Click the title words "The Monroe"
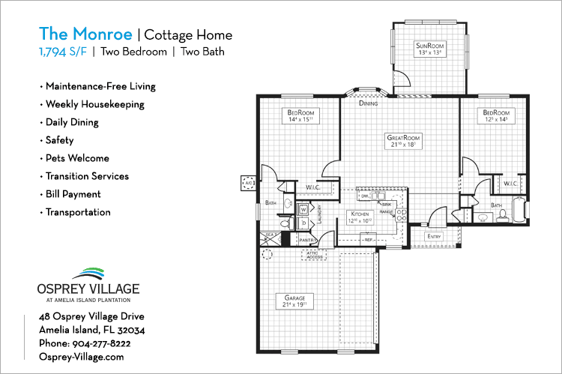85,34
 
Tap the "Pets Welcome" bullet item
76,158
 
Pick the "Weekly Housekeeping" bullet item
94,104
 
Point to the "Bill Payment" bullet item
73,194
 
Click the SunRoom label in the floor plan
430,46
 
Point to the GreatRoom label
403,138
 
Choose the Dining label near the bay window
368,103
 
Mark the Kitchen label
360,214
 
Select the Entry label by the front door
434,237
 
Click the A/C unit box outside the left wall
247,182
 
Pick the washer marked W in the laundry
303,210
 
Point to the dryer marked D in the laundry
303,223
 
